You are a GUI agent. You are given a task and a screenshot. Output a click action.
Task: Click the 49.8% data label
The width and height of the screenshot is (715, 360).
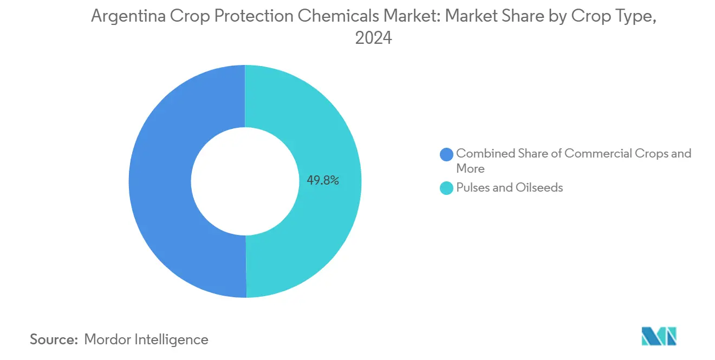click(323, 181)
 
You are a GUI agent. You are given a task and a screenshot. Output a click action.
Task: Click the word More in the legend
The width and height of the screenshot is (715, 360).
click(470, 168)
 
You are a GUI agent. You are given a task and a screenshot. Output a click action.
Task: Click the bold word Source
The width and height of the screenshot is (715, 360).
click(54, 339)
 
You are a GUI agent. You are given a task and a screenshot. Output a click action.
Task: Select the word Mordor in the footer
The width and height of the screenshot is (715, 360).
click(106, 339)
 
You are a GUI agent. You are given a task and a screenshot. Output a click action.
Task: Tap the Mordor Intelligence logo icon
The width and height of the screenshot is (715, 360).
click(659, 336)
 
